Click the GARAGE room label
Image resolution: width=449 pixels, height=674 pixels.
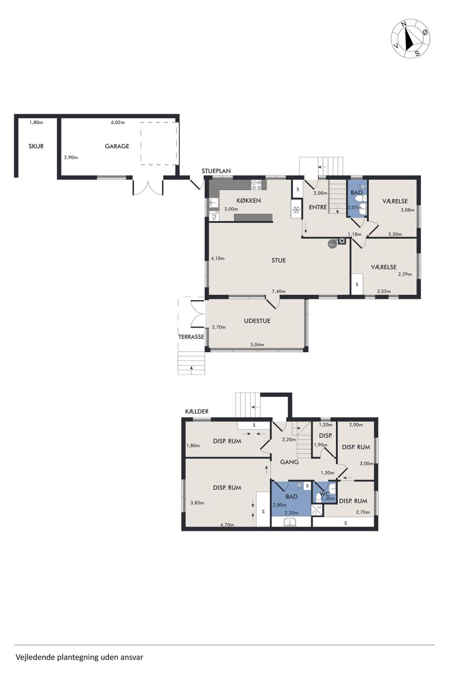click(117, 146)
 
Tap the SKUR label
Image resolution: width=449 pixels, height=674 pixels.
click(36, 146)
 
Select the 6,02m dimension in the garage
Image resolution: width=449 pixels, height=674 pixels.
click(118, 123)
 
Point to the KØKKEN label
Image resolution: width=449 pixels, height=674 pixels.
click(248, 201)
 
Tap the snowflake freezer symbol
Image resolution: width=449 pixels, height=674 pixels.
click(296, 210)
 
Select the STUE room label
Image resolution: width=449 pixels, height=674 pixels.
click(278, 260)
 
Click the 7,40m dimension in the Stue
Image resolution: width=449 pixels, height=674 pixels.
click(278, 291)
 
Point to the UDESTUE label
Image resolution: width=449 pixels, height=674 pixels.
click(257, 321)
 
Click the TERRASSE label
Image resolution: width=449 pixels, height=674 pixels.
click(191, 336)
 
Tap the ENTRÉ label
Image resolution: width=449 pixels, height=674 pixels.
click(318, 207)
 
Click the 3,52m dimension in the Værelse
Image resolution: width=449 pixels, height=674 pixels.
click(384, 291)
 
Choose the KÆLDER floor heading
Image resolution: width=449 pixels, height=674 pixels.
click(197, 411)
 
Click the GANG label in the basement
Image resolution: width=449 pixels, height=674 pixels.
click(290, 462)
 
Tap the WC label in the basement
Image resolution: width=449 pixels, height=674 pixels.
click(325, 494)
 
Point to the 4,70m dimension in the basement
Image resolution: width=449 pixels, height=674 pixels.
click(227, 525)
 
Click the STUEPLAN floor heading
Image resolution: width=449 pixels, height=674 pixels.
click(216, 171)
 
